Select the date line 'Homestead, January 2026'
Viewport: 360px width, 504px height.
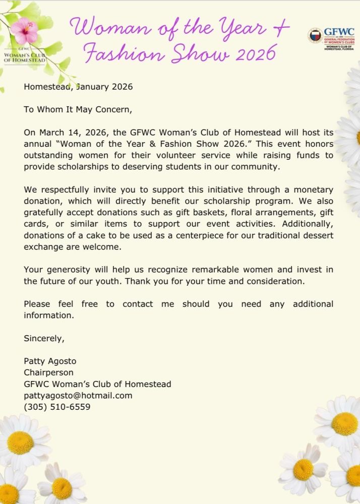click(x=78, y=87)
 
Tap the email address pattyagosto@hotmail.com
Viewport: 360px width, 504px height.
click(x=78, y=396)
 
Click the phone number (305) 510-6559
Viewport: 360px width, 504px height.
click(x=57, y=407)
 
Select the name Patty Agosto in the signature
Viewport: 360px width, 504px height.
click(x=50, y=361)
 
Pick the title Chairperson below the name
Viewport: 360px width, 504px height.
click(x=48, y=372)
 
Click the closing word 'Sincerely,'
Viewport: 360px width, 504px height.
click(x=44, y=339)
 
